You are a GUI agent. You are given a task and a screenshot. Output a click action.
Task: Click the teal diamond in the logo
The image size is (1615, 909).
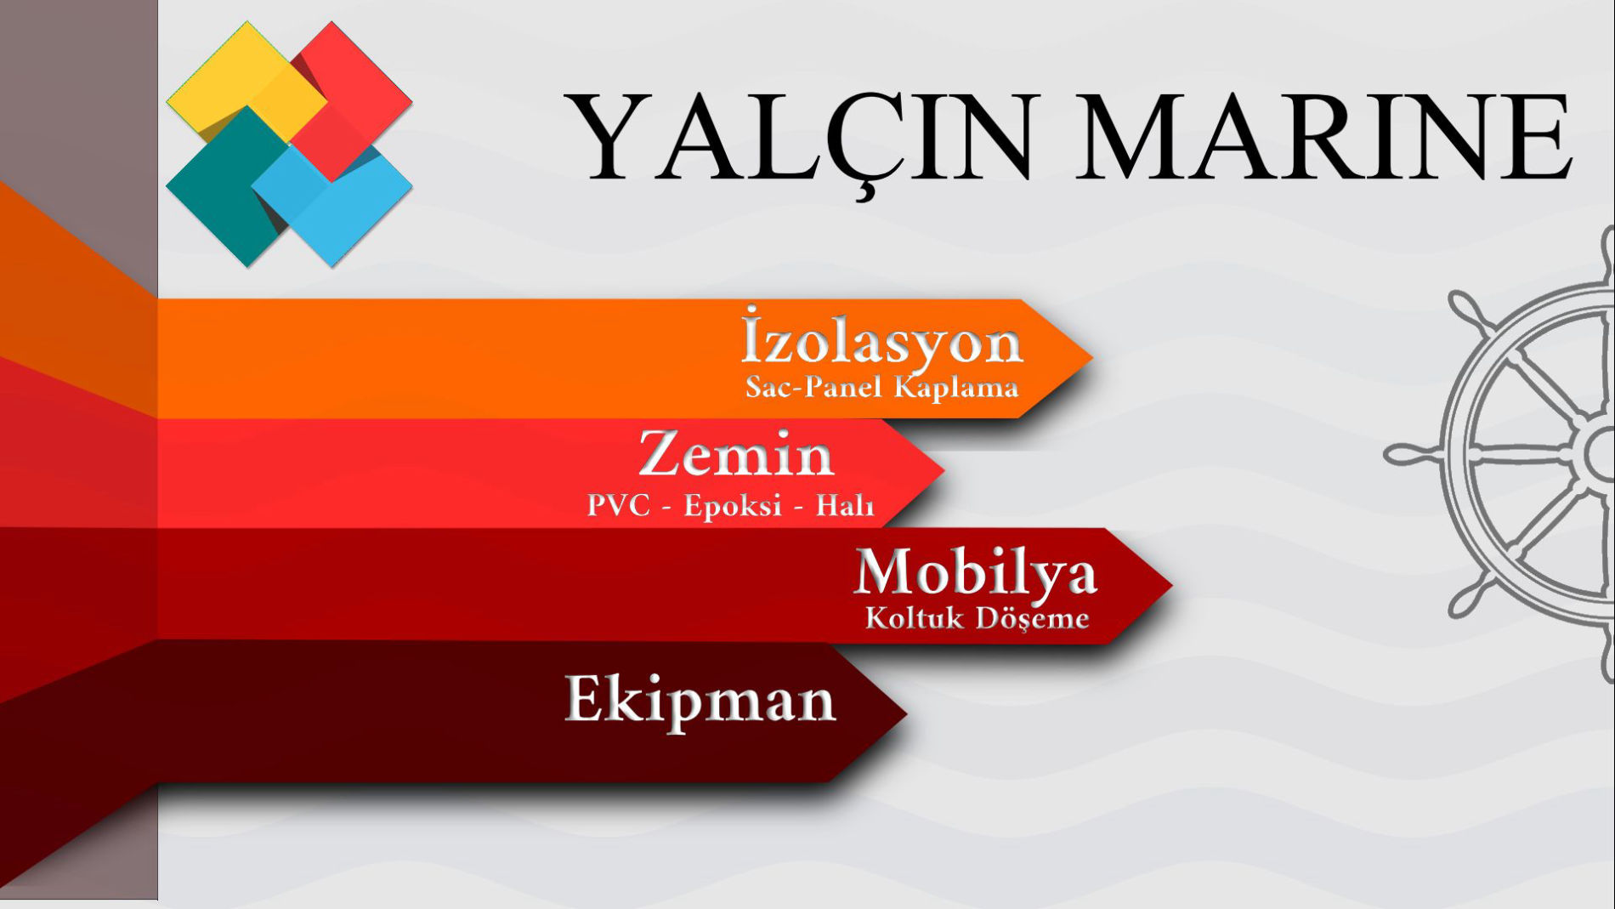pos(225,187)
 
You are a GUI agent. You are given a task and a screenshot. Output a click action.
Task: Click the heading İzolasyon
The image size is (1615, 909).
pos(882,339)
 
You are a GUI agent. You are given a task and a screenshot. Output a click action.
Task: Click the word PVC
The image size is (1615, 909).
pos(618,505)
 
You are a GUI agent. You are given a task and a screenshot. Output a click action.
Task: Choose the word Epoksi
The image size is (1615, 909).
pos(733,506)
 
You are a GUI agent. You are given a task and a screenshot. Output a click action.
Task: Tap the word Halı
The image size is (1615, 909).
pos(845,505)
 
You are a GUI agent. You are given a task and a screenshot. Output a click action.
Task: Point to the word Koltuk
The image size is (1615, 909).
pos(915,617)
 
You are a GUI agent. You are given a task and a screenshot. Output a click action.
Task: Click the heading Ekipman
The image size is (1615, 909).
pos(700,699)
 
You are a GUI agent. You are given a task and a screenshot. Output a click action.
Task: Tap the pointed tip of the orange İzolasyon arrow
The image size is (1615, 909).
pos(1092,358)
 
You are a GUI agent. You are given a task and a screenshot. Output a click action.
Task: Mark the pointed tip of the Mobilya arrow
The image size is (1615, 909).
pos(1172,585)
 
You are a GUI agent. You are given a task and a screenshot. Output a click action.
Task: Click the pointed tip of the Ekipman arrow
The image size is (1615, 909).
pos(906,713)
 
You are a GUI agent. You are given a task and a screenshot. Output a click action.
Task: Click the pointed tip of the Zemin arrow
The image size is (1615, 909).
pos(944,470)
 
